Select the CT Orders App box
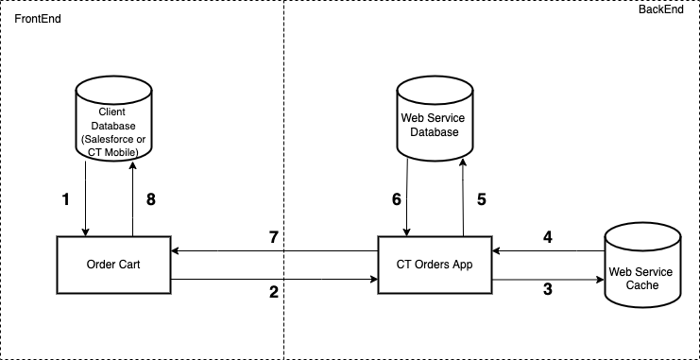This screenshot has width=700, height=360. coord(435,265)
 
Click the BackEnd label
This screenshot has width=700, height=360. coord(668,7)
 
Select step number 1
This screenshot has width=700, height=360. coord(65,199)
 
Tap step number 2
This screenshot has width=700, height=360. coord(273,292)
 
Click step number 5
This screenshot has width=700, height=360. coord(481,199)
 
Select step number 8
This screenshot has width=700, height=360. coord(150,199)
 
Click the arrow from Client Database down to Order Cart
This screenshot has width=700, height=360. coord(87,198)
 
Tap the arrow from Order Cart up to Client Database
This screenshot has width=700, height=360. coord(132,198)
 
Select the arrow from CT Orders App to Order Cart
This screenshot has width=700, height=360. coord(274,250)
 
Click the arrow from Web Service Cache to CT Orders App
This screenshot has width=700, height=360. coord(548,250)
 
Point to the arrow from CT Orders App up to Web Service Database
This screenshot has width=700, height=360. coord(463,198)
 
